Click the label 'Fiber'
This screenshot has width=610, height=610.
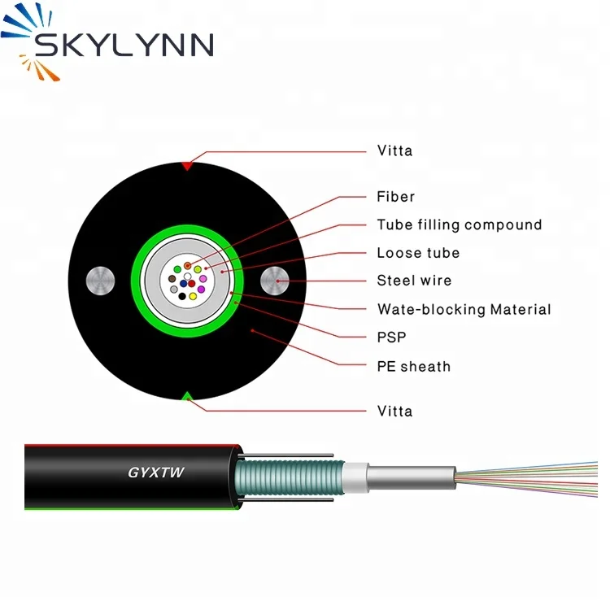pyautogui.click(x=395, y=197)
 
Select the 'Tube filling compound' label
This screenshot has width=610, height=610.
pyautogui.click(x=459, y=225)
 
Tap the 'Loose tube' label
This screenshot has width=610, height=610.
pyautogui.click(x=418, y=253)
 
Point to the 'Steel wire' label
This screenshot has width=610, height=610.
pyautogui.click(x=414, y=281)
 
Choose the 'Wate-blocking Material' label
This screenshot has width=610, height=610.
pyautogui.click(x=464, y=309)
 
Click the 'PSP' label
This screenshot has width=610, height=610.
pyautogui.click(x=391, y=338)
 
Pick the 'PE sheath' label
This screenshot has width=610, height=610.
pyautogui.click(x=413, y=366)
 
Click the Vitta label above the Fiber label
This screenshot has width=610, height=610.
pyautogui.click(x=394, y=150)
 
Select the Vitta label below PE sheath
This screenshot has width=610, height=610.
pyautogui.click(x=394, y=411)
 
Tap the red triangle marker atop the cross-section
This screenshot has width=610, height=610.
pyautogui.click(x=187, y=166)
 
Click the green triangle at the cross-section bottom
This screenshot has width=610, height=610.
pyautogui.click(x=187, y=396)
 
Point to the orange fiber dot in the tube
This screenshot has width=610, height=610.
pyautogui.click(x=188, y=266)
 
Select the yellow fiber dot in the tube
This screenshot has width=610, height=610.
pyautogui.click(x=194, y=296)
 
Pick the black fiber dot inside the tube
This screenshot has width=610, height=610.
pyautogui.click(x=182, y=296)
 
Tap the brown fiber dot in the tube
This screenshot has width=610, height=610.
pyautogui.click(x=172, y=279)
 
